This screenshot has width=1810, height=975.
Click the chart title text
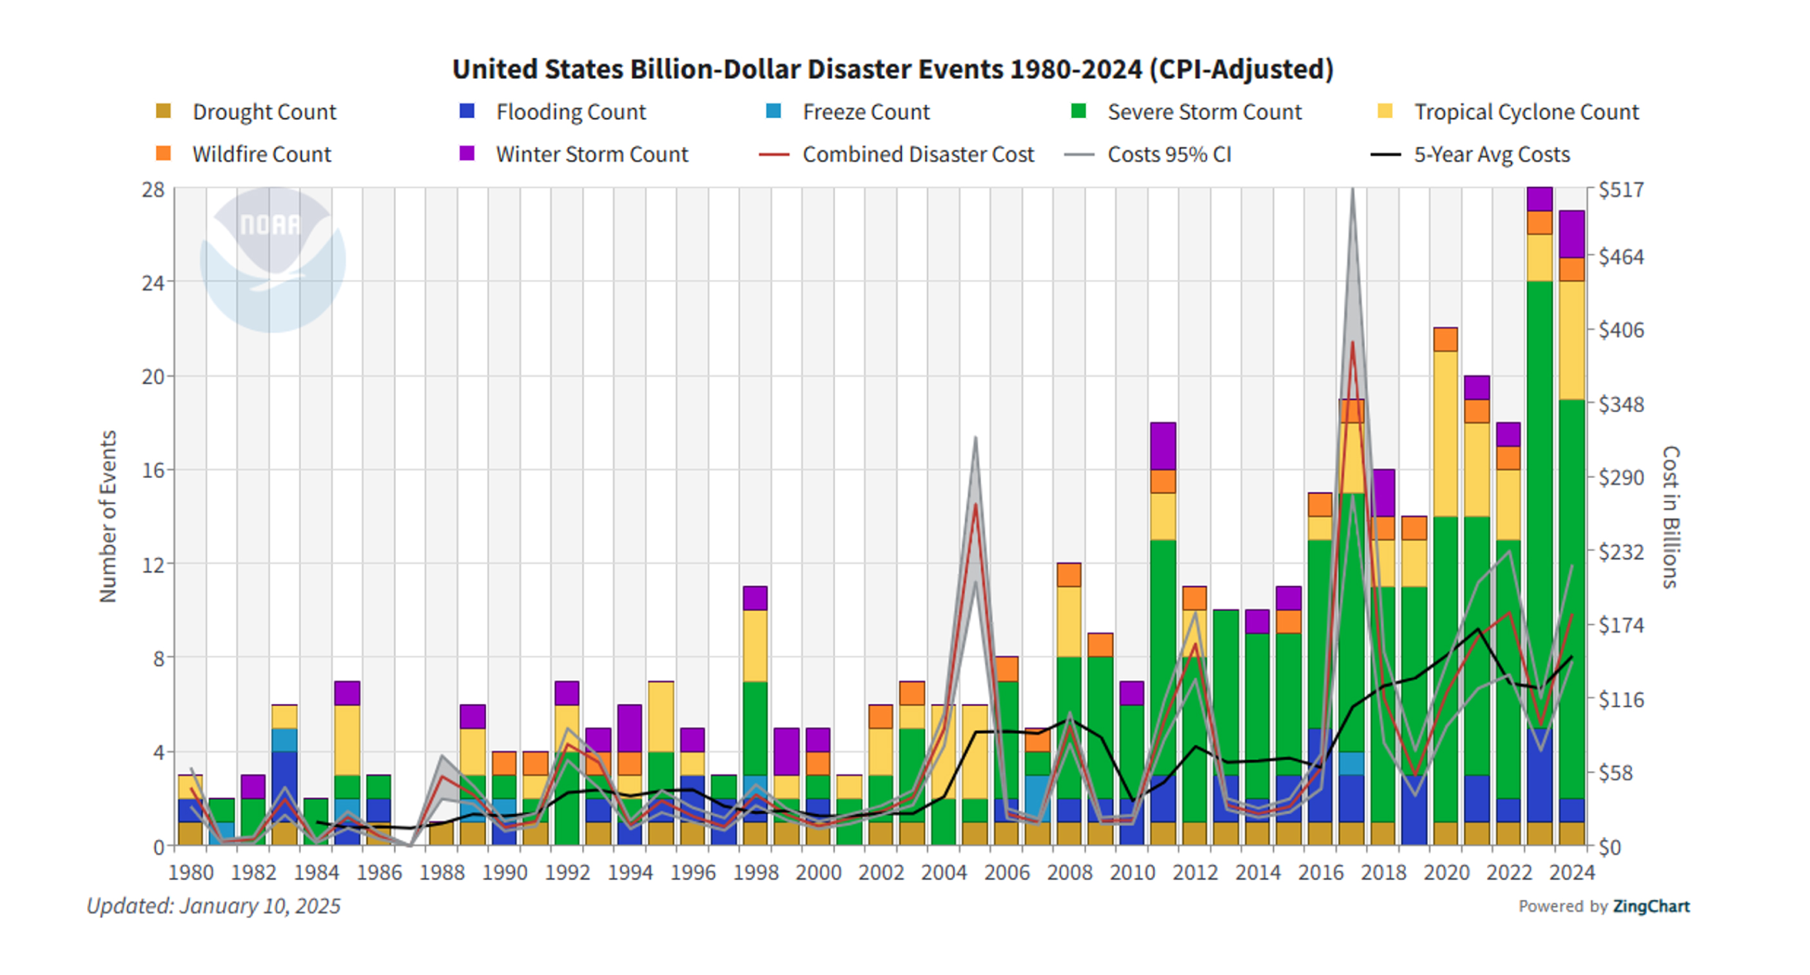(892, 70)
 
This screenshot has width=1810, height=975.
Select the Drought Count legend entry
(246, 112)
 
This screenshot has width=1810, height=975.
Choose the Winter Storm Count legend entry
(573, 154)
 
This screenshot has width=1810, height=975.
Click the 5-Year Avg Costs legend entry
(1470, 154)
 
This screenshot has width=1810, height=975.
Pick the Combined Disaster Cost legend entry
(897, 154)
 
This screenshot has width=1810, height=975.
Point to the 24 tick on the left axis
(153, 282)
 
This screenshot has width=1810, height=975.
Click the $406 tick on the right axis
(1621, 330)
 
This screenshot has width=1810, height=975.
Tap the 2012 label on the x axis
(1195, 872)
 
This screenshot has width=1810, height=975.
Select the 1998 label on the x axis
(755, 872)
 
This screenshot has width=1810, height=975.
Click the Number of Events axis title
(108, 517)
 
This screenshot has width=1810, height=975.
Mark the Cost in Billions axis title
(1670, 517)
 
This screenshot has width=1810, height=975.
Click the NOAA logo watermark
(273, 259)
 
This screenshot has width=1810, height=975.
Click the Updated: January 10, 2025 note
(213, 906)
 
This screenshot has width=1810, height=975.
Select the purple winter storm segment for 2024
(1572, 234)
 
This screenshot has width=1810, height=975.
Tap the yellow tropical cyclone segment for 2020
(1446, 434)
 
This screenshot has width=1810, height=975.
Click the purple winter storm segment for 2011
(1163, 446)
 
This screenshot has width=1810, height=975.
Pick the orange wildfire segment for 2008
(1069, 575)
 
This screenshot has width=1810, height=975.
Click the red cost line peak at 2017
(1352, 342)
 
